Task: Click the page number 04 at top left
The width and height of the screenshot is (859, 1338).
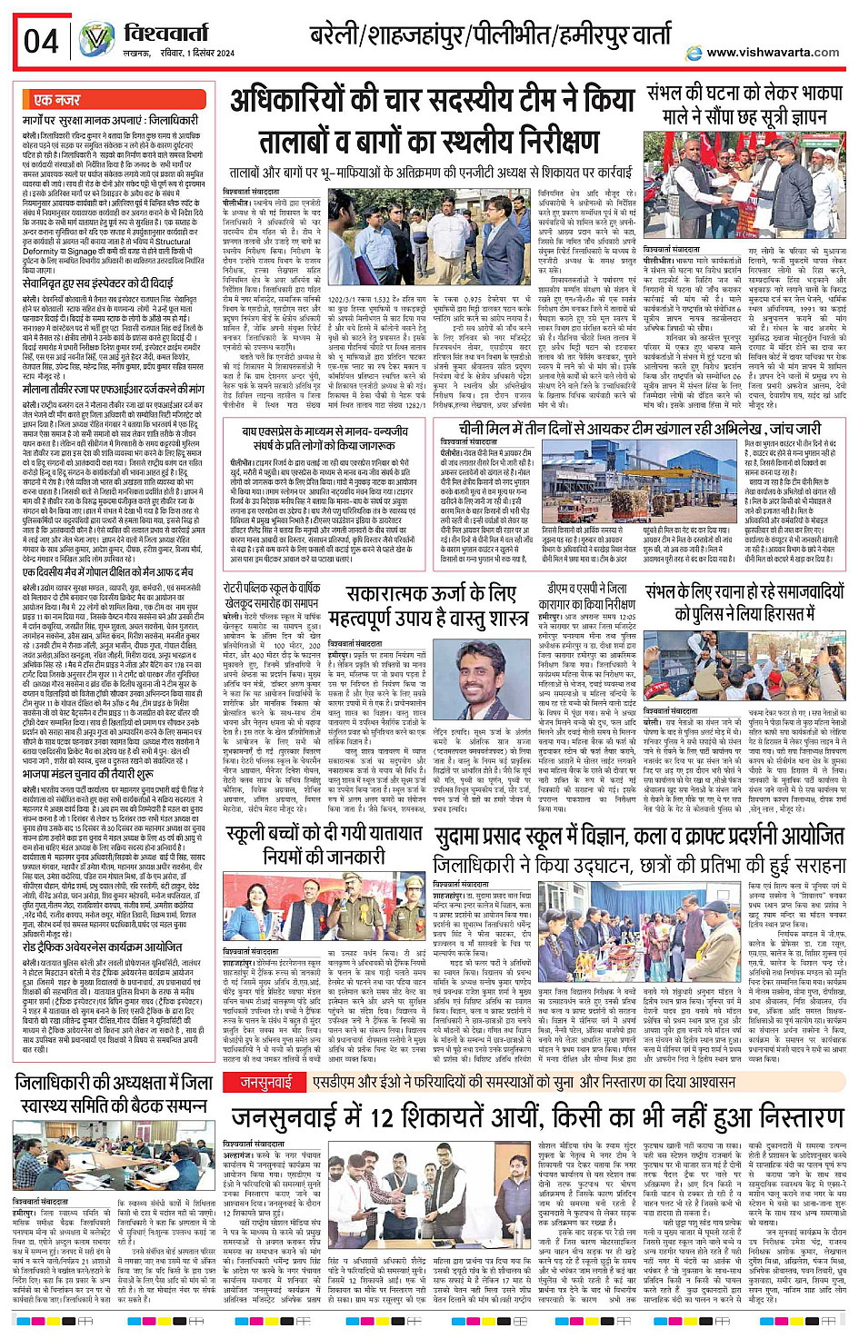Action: tap(40, 41)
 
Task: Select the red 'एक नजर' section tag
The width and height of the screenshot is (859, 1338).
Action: tap(57, 99)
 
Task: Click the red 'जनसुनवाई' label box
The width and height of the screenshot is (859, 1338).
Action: tap(265, 1082)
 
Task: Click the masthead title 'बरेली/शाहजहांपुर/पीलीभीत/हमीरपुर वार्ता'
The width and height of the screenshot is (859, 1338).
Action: tap(490, 37)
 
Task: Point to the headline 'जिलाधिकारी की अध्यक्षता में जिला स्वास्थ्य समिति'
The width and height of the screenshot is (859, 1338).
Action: tap(114, 1093)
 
